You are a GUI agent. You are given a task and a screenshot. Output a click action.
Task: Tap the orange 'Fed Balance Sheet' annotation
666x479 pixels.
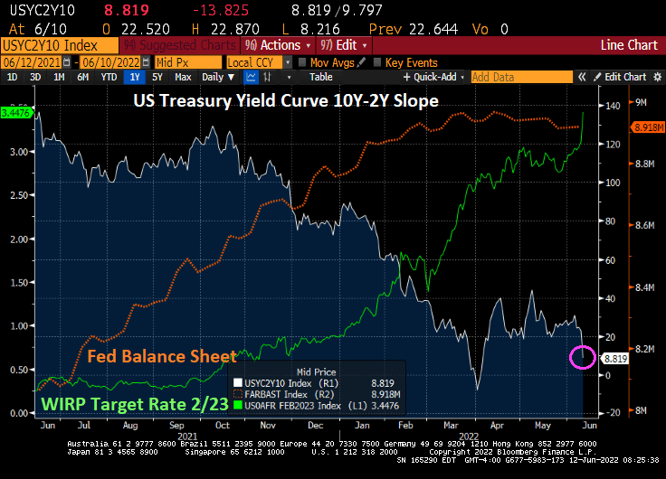(x=162, y=356)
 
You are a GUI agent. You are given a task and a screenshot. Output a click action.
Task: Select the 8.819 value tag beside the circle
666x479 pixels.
(x=614, y=359)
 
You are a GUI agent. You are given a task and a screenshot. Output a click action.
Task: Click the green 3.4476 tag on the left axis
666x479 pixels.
(x=16, y=113)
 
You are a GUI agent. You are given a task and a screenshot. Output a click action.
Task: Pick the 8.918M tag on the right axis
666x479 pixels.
(x=644, y=128)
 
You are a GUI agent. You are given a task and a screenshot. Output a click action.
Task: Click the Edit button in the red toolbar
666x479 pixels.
(x=343, y=44)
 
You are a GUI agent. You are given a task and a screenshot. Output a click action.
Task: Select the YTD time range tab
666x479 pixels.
(x=109, y=78)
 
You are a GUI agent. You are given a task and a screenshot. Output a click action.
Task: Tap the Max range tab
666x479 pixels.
(x=183, y=78)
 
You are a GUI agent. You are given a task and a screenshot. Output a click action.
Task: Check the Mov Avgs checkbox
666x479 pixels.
(x=302, y=61)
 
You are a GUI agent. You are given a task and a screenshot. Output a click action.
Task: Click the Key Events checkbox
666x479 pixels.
(x=377, y=61)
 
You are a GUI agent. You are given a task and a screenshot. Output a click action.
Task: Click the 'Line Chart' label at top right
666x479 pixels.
(x=631, y=44)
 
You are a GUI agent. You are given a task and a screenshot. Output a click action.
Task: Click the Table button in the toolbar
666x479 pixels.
(x=321, y=78)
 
